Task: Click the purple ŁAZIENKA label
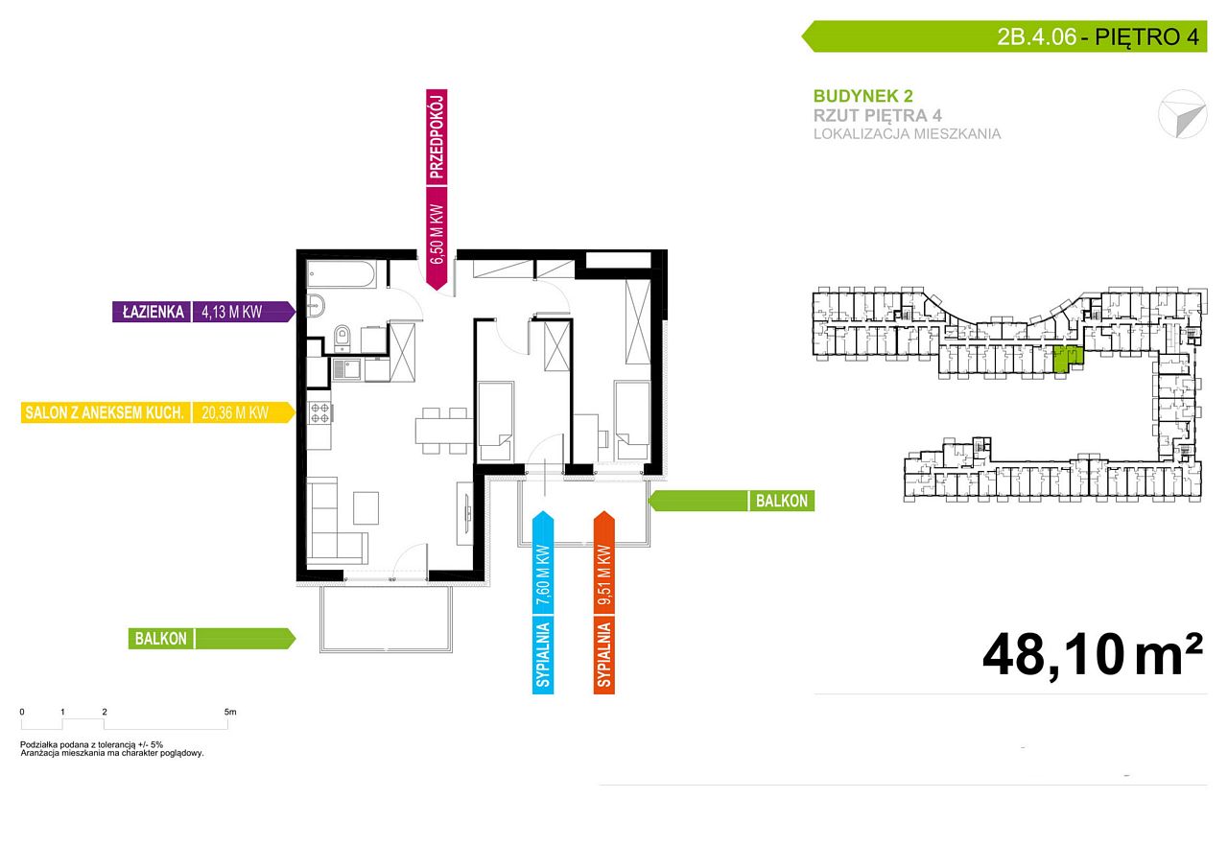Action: (x=153, y=312)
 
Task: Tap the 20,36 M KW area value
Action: (x=235, y=412)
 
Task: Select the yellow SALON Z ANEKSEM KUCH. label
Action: (x=105, y=412)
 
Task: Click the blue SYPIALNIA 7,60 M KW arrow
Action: (x=543, y=602)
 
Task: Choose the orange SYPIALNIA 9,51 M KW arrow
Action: (x=604, y=602)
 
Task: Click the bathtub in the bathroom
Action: (x=341, y=274)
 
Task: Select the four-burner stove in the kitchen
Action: (x=319, y=413)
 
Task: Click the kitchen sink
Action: (x=346, y=369)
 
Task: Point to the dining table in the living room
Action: (x=444, y=431)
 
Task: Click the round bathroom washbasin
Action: (x=316, y=305)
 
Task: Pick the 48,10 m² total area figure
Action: (x=1093, y=656)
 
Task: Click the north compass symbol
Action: (x=1183, y=114)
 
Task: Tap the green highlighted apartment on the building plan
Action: (x=1068, y=359)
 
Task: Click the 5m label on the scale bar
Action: (x=230, y=712)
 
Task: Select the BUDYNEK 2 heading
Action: (x=862, y=96)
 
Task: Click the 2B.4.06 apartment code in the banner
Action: (x=1037, y=36)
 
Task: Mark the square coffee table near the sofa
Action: (x=366, y=508)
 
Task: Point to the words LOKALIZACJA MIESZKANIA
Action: (x=907, y=133)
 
